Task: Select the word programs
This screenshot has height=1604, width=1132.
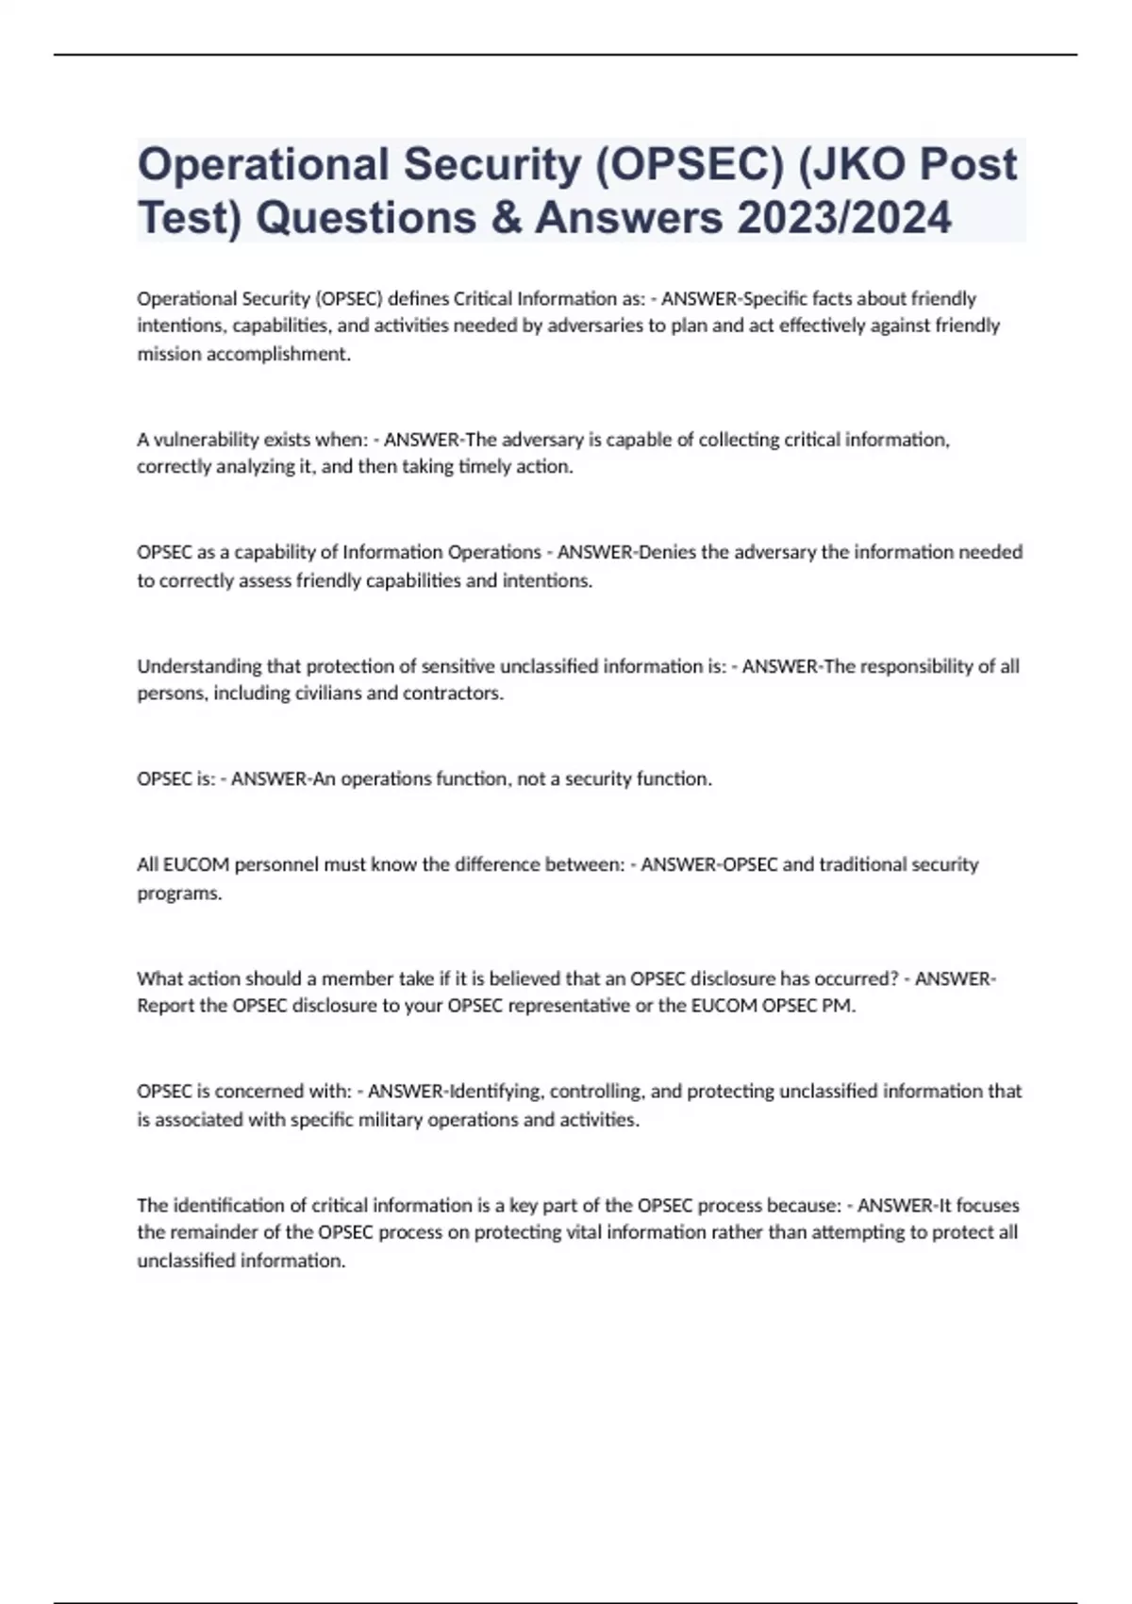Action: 179,894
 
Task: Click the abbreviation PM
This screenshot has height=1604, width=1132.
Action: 839,1006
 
